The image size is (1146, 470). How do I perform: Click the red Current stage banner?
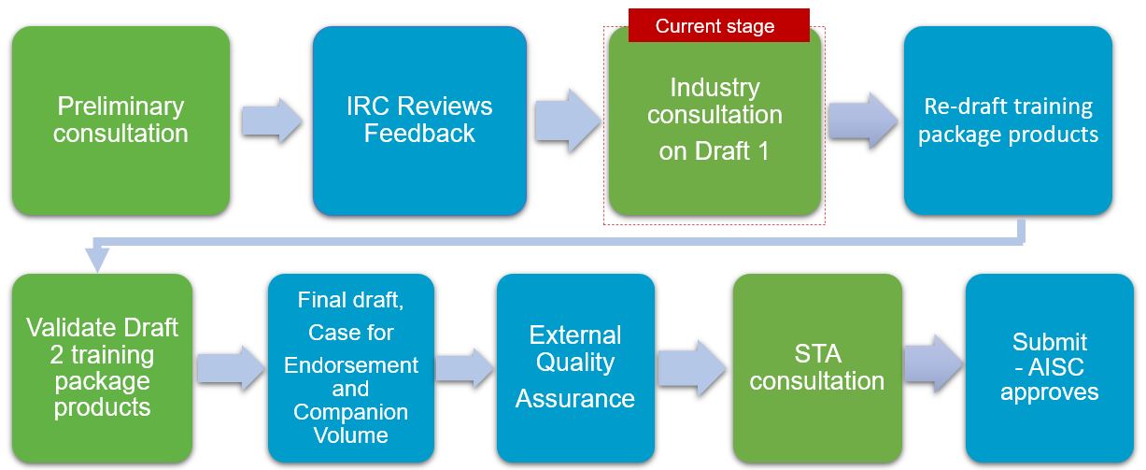(719, 25)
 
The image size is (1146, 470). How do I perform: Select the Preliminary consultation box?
(120, 121)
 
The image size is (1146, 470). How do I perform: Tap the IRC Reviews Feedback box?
(419, 121)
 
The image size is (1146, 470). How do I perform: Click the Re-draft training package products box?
(1008, 121)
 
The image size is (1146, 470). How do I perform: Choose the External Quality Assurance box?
(575, 368)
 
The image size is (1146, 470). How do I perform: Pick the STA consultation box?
(817, 368)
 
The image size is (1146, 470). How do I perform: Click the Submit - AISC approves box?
(1049, 368)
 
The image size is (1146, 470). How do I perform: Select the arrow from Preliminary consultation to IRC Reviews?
(272, 121)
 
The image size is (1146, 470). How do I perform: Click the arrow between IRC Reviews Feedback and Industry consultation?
(567, 121)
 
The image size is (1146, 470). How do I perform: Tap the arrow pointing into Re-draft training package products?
(863, 121)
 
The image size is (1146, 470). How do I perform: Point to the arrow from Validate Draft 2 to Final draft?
(231, 368)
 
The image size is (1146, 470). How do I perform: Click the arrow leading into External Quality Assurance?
(464, 368)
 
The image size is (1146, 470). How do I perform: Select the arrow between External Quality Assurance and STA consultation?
(691, 368)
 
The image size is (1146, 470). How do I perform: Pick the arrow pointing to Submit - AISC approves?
(933, 364)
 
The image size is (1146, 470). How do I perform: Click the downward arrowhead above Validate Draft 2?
(97, 259)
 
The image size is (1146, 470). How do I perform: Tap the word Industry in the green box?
(714, 88)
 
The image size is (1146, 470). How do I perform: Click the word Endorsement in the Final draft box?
(351, 365)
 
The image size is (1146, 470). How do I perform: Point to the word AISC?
(1056, 366)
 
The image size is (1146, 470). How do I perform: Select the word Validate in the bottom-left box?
(66, 327)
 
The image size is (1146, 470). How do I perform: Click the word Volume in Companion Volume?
(351, 435)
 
